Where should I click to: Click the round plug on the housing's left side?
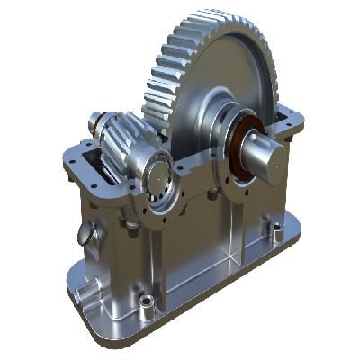coord(85,234)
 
